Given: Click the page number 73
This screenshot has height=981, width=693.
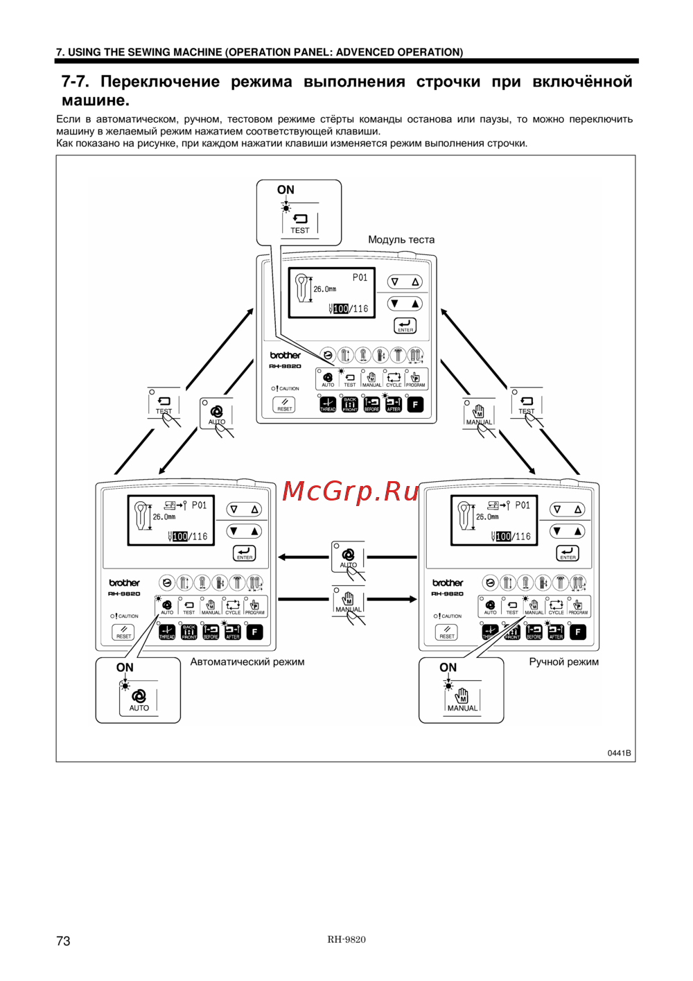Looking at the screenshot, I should [63, 941].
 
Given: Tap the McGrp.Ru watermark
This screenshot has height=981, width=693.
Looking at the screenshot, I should [351, 492].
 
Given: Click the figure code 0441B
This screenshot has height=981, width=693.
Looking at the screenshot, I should [619, 753].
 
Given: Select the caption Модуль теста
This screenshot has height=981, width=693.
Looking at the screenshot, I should [401, 240].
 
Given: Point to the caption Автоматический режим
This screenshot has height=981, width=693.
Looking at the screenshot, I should [247, 662].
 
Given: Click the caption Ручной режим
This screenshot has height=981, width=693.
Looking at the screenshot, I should [563, 662].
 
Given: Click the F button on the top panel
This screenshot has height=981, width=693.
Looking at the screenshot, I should [415, 404].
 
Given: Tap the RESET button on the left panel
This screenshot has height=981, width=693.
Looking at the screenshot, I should [123, 632].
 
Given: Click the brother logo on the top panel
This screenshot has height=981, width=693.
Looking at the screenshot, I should [286, 355].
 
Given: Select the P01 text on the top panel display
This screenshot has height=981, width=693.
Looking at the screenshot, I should [360, 277].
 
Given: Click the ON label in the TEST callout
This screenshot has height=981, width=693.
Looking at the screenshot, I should [286, 190].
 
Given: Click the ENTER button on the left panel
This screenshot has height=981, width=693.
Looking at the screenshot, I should [245, 553].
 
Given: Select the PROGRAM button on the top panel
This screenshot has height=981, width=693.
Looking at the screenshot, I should [415, 379].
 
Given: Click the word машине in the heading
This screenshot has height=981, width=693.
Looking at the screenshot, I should [96, 101].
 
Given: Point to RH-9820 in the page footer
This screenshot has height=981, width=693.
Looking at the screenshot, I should [346, 939].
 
